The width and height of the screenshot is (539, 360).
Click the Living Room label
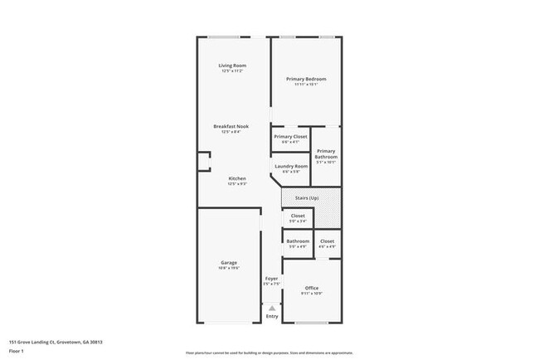click(233, 66)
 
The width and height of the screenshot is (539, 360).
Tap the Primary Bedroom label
click(307, 79)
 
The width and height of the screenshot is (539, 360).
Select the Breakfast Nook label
click(231, 126)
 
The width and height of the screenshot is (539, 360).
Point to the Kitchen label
click(237, 178)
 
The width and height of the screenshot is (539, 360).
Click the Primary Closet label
click(290, 136)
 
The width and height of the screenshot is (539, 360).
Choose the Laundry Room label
click(290, 166)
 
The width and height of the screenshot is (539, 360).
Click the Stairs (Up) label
click(311, 199)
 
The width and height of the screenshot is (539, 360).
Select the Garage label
click(229, 262)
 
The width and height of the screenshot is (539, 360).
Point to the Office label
click(312, 288)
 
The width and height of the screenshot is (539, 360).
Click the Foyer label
click(271, 278)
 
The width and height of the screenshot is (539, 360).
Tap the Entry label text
click(272, 317)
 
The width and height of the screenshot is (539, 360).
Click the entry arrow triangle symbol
click(272, 307)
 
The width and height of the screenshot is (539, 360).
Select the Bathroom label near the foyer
click(298, 241)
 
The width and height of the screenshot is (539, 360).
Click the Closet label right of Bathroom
click(327, 241)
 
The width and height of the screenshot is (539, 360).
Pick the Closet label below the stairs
click(298, 216)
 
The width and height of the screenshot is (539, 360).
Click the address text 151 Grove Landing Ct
click(56, 341)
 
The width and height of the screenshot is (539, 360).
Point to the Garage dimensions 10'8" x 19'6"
click(229, 268)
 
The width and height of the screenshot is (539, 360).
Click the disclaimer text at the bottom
click(269, 353)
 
